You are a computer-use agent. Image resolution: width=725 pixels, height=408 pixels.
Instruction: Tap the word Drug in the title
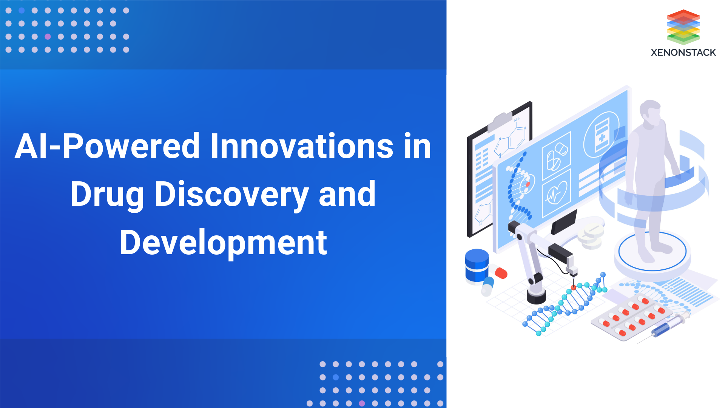pyautogui.click(x=107, y=195)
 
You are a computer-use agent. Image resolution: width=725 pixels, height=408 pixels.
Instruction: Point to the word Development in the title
pyautogui.click(x=223, y=243)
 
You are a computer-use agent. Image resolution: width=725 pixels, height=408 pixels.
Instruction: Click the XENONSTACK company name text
pyautogui.click(x=683, y=53)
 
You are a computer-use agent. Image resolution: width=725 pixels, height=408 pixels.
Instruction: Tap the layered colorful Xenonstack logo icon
pyautogui.click(x=683, y=26)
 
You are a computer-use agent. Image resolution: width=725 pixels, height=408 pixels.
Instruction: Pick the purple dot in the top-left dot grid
pyautogui.click(x=48, y=37)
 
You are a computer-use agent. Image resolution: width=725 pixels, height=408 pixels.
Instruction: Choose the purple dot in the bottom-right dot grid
pyautogui.click(x=362, y=403)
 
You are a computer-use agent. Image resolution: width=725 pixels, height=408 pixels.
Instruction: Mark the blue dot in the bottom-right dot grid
pyautogui.click(x=336, y=377)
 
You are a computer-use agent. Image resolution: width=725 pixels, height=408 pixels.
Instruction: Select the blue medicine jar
pyautogui.click(x=477, y=265)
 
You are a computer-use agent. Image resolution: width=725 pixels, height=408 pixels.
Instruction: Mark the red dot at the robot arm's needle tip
pyautogui.click(x=574, y=287)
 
